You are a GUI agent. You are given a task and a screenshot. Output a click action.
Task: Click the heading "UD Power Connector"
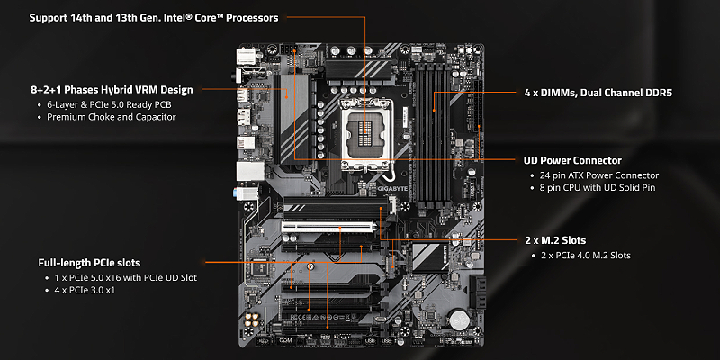[572, 161]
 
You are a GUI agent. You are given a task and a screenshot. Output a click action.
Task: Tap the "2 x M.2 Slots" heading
[555, 240]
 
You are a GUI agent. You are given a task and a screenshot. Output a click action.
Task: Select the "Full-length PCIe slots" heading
[89, 263]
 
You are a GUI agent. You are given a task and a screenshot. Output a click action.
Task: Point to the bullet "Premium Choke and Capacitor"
[112, 117]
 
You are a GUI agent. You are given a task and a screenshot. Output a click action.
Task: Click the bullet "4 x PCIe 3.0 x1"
[85, 290]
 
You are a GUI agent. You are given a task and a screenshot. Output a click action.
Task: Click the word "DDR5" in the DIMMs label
[658, 93]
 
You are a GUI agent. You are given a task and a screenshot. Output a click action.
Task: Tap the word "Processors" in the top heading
[253, 18]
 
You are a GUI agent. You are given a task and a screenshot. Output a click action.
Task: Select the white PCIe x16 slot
[329, 227]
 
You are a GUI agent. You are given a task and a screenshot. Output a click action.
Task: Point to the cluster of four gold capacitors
[251, 320]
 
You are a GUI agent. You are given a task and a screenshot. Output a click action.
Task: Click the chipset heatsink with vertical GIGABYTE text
[430, 257]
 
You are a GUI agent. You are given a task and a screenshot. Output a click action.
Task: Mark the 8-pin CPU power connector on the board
[287, 49]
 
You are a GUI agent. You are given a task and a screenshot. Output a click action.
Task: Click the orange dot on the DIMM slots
[434, 110]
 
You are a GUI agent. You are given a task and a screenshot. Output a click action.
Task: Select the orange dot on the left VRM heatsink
[287, 97]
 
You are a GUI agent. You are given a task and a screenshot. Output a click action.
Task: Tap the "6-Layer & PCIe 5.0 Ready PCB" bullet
[109, 104]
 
